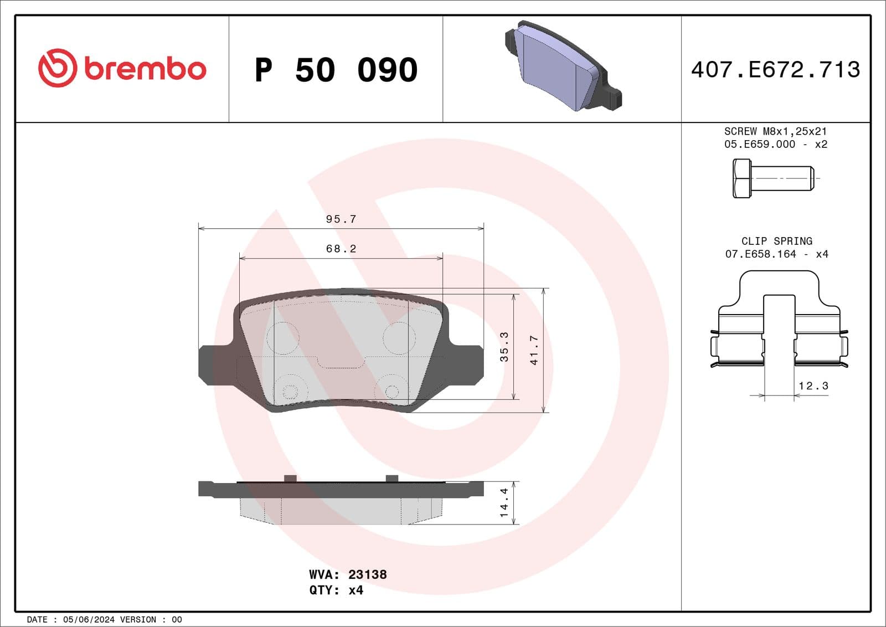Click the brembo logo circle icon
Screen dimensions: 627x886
point(57,68)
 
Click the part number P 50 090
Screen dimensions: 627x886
point(336,70)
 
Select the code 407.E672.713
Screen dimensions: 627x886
point(775,70)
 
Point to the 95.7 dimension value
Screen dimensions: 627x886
point(341,219)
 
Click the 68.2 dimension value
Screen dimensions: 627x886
point(341,249)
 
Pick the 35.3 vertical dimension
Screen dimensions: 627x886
point(504,347)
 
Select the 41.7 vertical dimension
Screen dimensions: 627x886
point(534,350)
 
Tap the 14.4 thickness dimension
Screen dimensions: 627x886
point(504,503)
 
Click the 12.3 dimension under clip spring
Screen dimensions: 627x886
point(813,386)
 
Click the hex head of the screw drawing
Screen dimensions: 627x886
point(741,178)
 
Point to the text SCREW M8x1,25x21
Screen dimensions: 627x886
point(775,131)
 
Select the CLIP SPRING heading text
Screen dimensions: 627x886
point(776,241)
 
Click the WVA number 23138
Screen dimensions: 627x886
point(367,574)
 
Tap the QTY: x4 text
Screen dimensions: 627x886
point(336,590)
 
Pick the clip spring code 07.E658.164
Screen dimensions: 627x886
point(760,254)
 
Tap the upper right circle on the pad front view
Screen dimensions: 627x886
point(399,338)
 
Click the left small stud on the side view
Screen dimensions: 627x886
point(290,478)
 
